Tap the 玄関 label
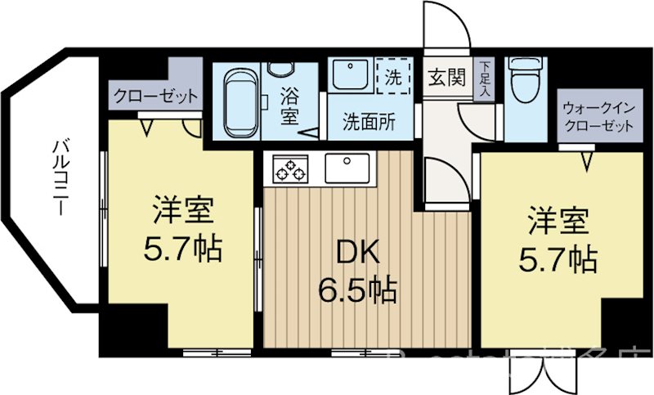coord(446,79)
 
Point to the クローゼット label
coord(155,96)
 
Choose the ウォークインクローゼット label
coord(596,117)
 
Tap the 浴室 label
coord(290,105)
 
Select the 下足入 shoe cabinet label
coord(486,78)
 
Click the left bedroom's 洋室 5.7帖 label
coord(183,229)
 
